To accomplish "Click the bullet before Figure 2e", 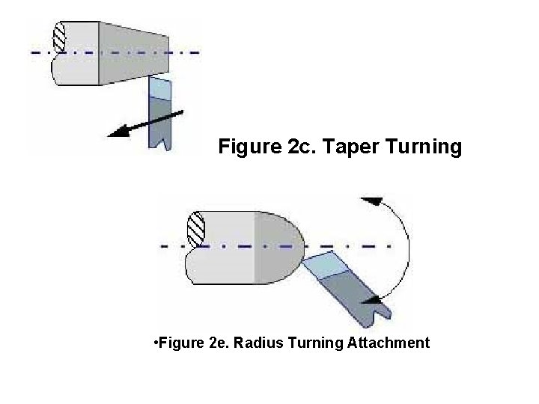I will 153,343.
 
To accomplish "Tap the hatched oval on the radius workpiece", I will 196,229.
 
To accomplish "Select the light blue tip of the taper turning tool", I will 160,88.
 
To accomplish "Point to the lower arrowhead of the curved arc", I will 368,301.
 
